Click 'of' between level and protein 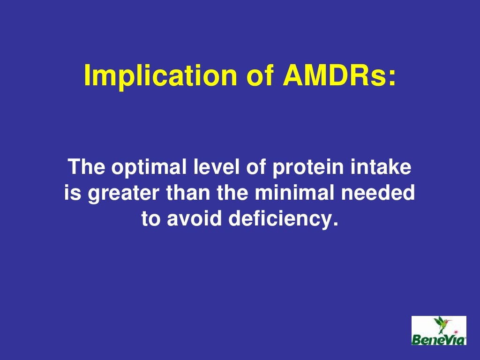253,167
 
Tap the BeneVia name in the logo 439,338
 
